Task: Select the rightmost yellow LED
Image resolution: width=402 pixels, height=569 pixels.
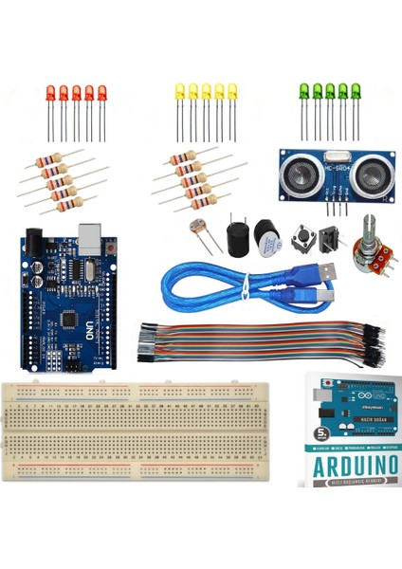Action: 232,92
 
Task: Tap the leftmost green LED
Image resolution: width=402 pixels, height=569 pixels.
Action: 304,92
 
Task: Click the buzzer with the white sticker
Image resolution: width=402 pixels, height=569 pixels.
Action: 265,236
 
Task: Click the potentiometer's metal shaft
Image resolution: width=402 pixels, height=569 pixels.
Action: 368,226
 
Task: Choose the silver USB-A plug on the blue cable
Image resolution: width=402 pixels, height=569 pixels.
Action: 327,272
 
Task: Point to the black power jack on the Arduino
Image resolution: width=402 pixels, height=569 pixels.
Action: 37,244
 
